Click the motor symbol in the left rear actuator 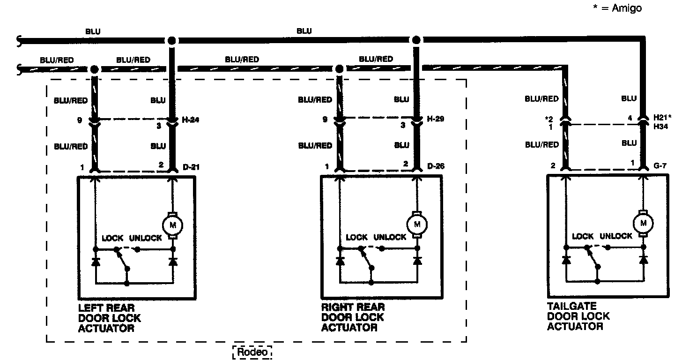click(x=173, y=225)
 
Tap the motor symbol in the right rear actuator click(x=417, y=225)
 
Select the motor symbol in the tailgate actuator click(x=643, y=223)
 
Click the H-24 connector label click(x=190, y=120)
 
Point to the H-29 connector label click(x=436, y=119)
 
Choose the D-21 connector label click(x=191, y=167)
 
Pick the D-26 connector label click(x=436, y=166)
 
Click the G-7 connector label click(x=660, y=165)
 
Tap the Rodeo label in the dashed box click(x=252, y=352)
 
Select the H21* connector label click(x=662, y=117)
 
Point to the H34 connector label click(x=660, y=127)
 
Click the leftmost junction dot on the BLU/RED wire click(x=95, y=69)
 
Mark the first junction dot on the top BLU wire click(x=172, y=40)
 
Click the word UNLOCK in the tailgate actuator click(x=616, y=236)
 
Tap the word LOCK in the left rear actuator click(x=112, y=238)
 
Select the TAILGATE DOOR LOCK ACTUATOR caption click(x=578, y=316)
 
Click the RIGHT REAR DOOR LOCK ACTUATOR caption click(x=353, y=317)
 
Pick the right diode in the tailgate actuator click(x=643, y=260)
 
